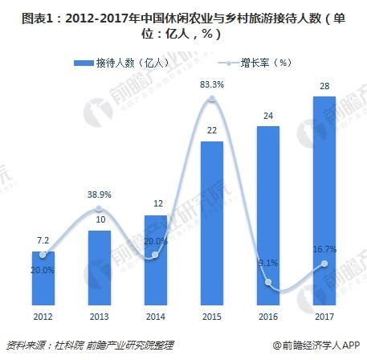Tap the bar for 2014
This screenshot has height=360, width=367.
(155, 256)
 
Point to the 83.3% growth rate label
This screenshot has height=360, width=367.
(211, 84)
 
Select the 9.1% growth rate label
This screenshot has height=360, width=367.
(267, 261)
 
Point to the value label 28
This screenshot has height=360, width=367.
(324, 86)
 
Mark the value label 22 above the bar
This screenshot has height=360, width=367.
(211, 131)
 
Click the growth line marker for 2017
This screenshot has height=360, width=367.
(324, 264)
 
